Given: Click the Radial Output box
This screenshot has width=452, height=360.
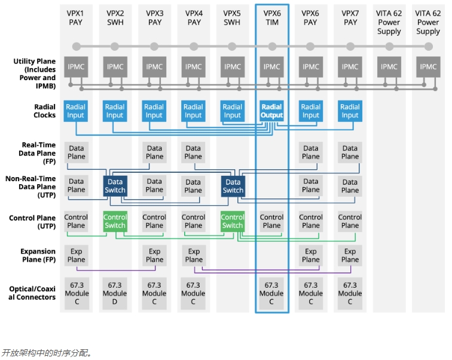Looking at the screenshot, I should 271,111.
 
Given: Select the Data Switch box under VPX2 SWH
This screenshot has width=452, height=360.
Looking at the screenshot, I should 115,186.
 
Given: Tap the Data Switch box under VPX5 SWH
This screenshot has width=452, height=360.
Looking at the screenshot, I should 233,186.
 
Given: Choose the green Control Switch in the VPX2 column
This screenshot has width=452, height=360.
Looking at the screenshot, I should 115,221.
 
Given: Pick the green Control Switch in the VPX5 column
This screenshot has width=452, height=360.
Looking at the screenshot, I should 233,221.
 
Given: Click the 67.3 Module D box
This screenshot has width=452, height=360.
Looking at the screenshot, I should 115,294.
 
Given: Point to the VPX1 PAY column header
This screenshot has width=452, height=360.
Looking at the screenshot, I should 76,18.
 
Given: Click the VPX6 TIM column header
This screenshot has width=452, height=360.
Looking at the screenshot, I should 271,18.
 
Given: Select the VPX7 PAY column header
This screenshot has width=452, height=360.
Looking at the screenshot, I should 350,18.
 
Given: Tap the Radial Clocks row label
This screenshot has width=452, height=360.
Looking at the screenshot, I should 45,111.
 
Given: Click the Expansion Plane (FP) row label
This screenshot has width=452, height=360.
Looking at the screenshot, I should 38,255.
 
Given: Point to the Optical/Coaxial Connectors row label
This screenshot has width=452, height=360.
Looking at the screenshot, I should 32,294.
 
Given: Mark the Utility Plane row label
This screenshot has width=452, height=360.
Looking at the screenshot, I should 35,74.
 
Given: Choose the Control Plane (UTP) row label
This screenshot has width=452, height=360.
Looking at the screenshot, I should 32,222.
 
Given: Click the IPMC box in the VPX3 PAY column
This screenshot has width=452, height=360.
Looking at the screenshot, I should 154,67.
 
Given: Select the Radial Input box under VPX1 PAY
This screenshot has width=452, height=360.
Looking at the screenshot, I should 76,111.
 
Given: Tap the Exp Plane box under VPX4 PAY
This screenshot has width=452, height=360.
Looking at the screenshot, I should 193,255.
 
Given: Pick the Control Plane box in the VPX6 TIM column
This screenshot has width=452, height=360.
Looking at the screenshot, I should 271,221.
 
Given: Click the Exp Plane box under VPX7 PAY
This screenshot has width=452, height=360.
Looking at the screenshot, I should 350,255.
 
